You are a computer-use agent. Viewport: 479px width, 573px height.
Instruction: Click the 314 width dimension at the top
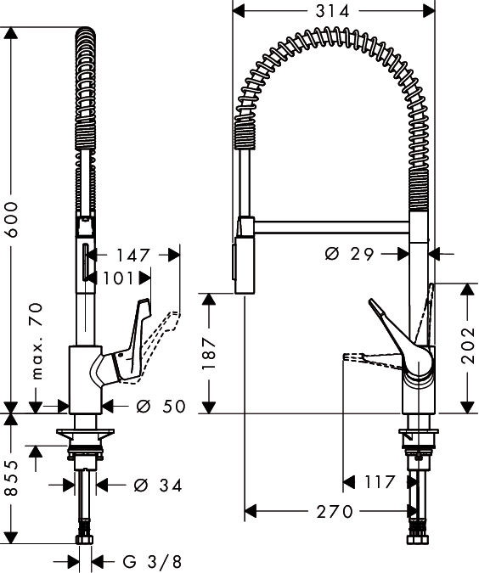(x=332, y=11)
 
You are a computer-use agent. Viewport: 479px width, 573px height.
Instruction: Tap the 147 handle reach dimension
(x=132, y=255)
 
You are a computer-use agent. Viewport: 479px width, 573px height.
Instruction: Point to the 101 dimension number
(x=117, y=278)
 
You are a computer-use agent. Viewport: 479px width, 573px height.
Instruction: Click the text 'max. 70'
(x=37, y=341)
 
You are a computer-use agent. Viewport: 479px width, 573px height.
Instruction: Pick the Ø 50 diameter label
(x=161, y=406)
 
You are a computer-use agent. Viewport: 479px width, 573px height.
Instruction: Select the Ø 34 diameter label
(x=158, y=486)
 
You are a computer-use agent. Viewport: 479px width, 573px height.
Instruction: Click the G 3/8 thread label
(x=152, y=561)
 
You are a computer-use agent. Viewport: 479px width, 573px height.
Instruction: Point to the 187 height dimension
(x=209, y=353)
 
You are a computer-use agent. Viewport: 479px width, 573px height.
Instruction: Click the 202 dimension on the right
(x=467, y=346)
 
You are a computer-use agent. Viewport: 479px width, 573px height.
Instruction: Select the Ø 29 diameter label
(x=349, y=254)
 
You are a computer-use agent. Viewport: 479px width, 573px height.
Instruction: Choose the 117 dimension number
(x=380, y=482)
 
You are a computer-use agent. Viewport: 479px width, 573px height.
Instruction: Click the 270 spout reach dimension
(x=335, y=511)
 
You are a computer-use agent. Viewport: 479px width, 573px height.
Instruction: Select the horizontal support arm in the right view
(x=331, y=227)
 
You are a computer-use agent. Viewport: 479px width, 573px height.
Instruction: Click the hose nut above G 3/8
(x=85, y=539)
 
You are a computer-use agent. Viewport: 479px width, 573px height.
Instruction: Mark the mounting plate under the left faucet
(x=85, y=432)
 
